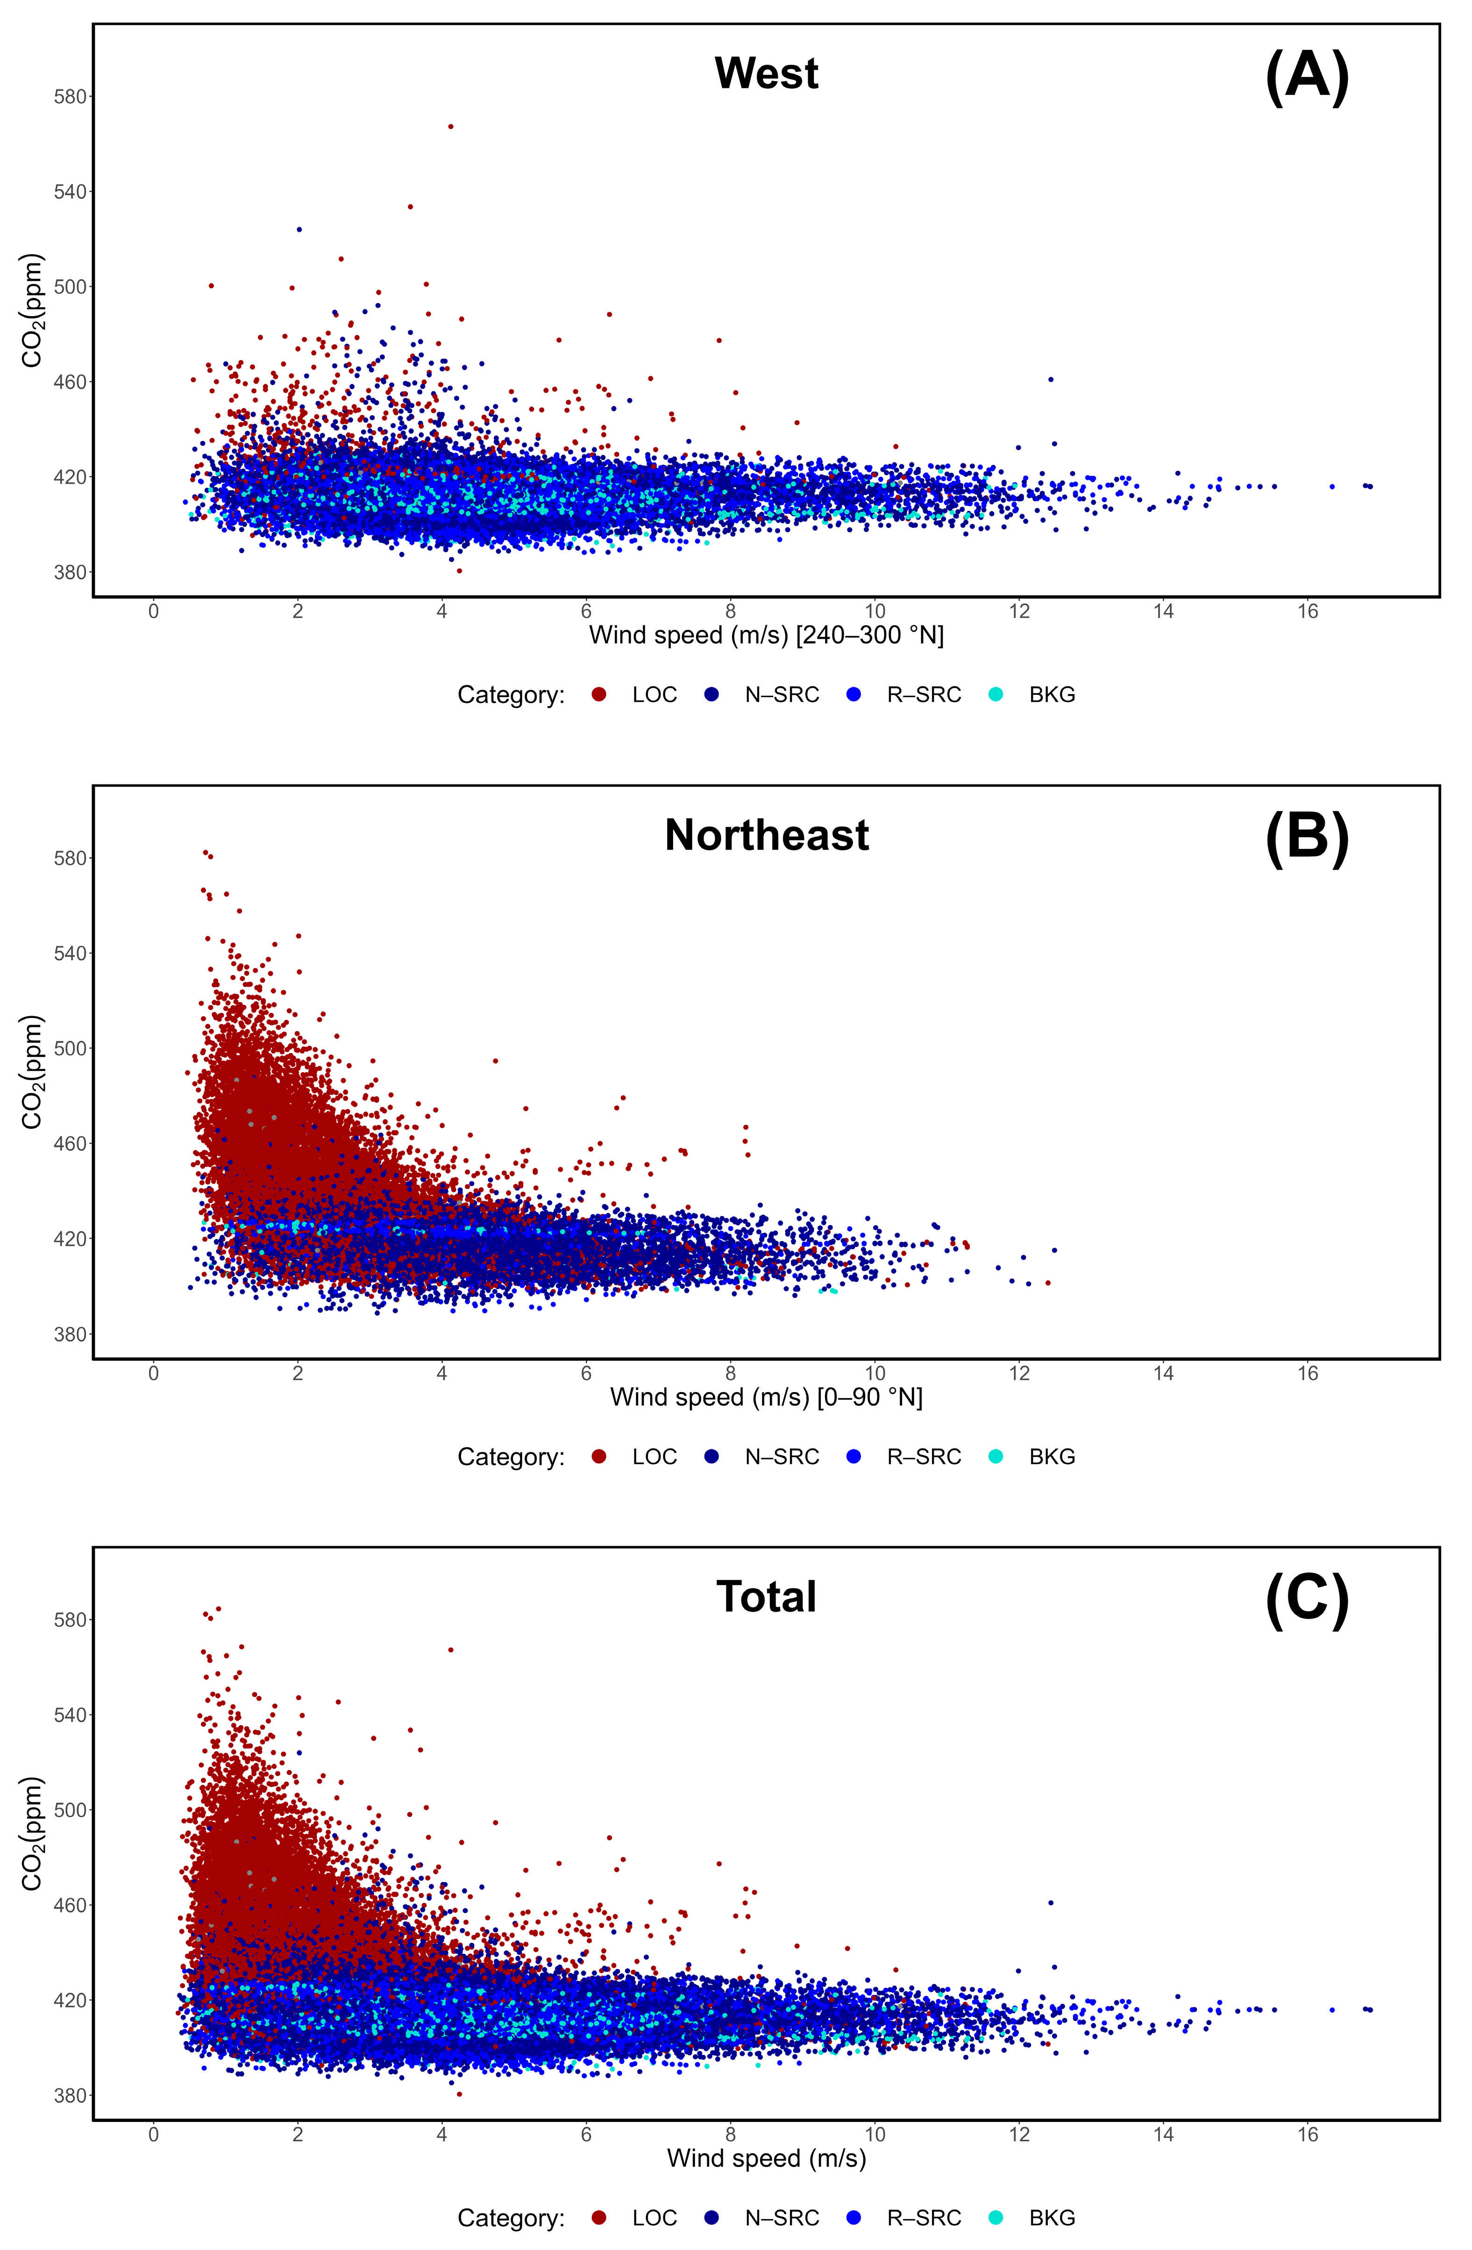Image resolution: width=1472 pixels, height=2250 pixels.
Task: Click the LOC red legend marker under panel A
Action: (x=598, y=695)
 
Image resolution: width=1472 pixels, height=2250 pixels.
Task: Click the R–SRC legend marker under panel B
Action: (x=853, y=1457)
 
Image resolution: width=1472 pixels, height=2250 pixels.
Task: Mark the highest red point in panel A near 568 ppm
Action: (x=450, y=126)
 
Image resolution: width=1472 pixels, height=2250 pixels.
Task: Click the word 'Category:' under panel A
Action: (x=511, y=695)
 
